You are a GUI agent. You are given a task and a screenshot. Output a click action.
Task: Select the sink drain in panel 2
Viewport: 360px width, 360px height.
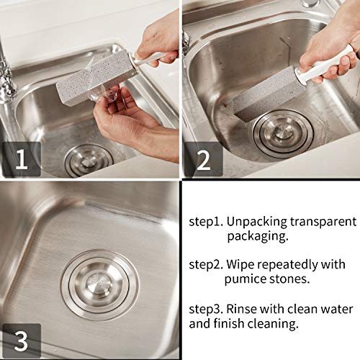pyautogui.click(x=282, y=132)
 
